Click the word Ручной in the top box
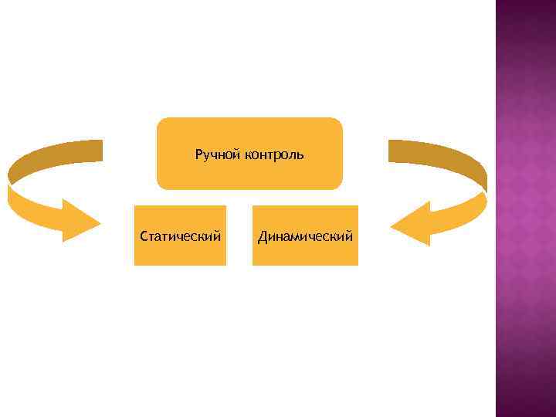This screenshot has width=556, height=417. pos(219,155)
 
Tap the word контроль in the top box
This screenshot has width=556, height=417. pos(274,155)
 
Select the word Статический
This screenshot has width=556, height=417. pos(181,236)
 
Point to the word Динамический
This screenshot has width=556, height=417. pos(306,236)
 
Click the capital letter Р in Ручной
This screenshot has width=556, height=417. pos(199,155)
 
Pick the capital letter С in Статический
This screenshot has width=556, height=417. pos(144,236)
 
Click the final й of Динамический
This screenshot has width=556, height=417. pos(350,236)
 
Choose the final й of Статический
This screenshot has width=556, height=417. pos(218,236)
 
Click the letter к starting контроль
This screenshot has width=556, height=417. pos(249,155)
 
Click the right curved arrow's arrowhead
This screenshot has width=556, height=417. pos(412,223)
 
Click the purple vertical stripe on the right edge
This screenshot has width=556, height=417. pos(525,208)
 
